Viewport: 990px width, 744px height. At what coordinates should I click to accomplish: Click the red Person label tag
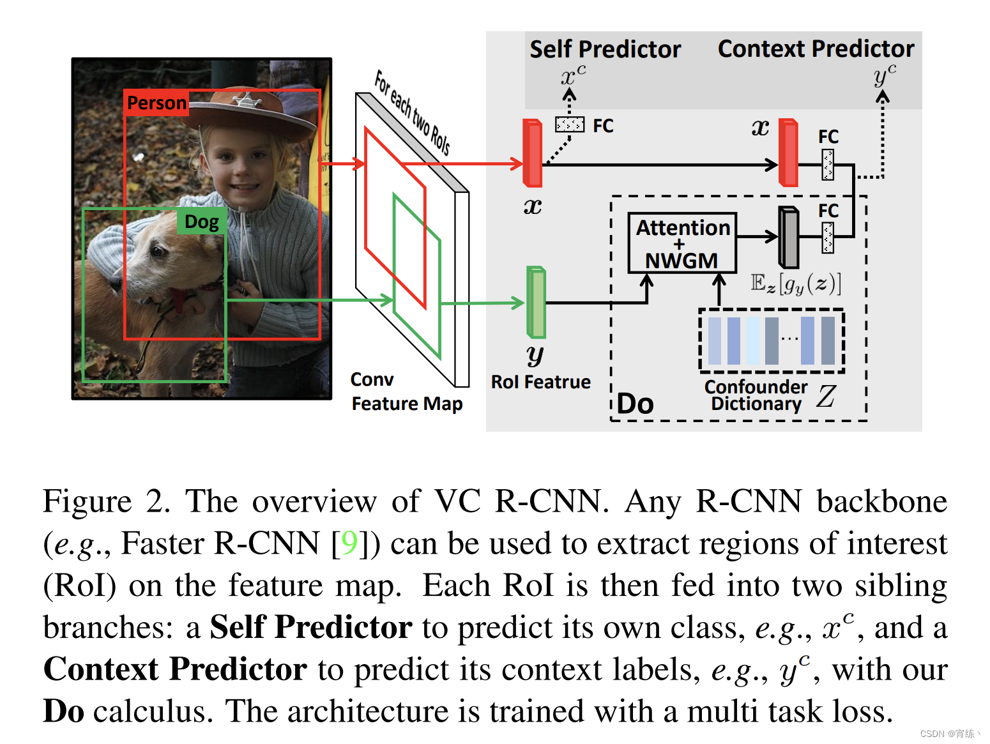tap(156, 103)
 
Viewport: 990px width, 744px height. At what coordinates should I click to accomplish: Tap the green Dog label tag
tap(202, 222)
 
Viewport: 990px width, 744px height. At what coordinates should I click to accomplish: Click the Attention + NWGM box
tap(682, 243)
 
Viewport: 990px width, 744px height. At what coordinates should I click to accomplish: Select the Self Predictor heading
tap(605, 49)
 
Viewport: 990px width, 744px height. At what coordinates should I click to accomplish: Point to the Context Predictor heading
tap(816, 49)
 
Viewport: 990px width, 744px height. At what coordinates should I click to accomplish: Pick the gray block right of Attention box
tap(789, 237)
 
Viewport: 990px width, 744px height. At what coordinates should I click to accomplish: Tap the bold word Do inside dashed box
tap(636, 404)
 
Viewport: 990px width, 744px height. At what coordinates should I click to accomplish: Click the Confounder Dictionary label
tap(756, 395)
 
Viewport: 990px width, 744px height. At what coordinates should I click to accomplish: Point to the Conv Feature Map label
tap(406, 391)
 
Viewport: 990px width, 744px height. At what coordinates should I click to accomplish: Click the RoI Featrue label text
tap(540, 382)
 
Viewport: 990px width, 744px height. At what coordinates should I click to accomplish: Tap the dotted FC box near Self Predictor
tap(569, 124)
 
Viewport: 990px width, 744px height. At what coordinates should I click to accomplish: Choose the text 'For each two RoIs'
tap(412, 112)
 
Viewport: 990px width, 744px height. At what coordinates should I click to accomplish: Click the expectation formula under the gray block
tap(796, 283)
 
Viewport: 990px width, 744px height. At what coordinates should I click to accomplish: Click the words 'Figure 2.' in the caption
tap(105, 501)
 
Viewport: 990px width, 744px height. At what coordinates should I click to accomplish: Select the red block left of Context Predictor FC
tap(789, 153)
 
